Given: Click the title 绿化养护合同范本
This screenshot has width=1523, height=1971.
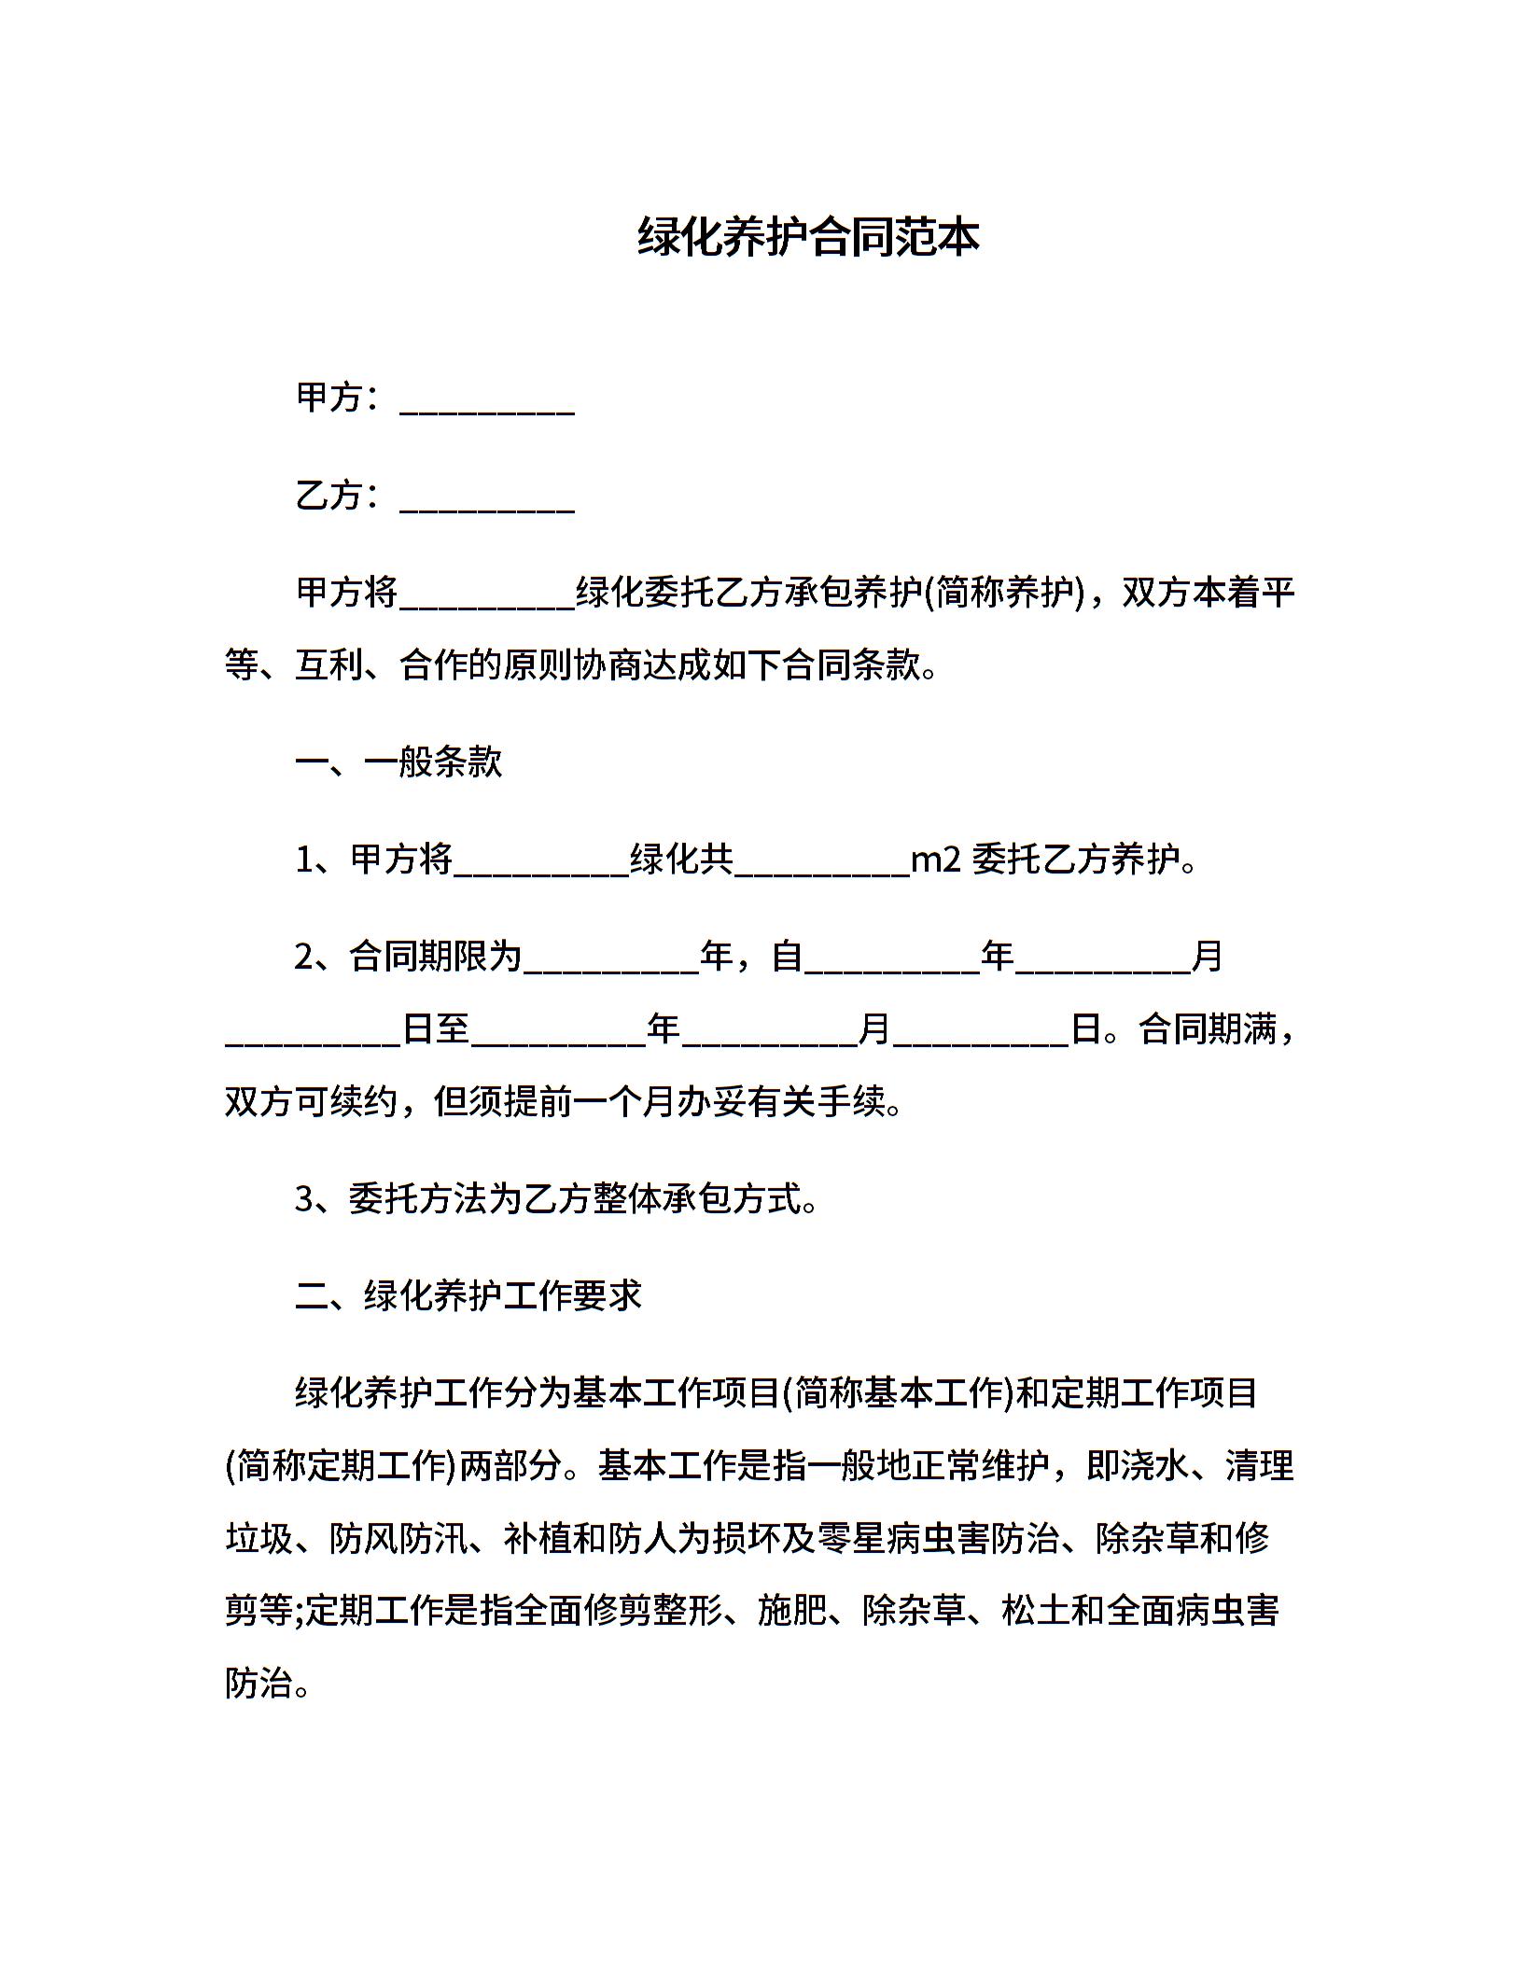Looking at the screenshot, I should pos(808,237).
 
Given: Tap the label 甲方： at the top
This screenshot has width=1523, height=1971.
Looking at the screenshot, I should pos(338,398).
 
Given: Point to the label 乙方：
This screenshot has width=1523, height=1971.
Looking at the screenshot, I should pos(338,496).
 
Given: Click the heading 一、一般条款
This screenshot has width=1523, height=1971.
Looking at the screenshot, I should pos(398,762).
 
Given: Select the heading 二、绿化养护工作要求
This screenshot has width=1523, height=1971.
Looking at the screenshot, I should pos(468,1295).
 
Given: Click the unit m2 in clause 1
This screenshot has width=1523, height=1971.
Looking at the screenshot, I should pos(935,860).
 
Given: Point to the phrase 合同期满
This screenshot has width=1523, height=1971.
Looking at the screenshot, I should pos(1208,1029).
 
